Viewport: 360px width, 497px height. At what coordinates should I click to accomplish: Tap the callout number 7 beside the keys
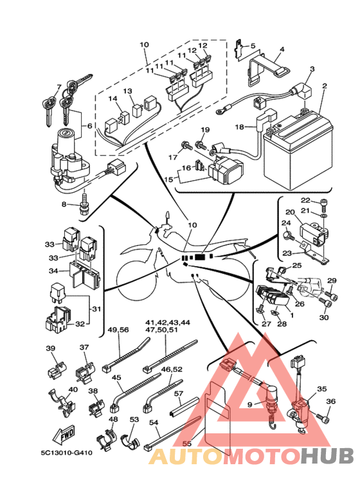[x=59, y=87]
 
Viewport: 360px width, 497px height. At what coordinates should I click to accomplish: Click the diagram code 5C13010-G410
[x=67, y=453]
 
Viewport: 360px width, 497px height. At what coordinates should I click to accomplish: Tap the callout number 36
[x=330, y=401]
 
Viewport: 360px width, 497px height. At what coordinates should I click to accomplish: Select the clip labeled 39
[x=57, y=370]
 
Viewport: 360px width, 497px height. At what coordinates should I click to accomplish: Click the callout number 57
[x=179, y=393]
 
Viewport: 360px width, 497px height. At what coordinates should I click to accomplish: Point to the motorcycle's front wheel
[x=137, y=280]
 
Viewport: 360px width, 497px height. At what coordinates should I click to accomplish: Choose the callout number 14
[x=113, y=98]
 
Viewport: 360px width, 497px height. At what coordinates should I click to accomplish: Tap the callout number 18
[x=240, y=127]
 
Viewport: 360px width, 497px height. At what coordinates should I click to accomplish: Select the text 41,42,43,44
[x=168, y=322]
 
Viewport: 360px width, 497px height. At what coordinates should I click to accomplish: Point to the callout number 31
[x=96, y=309]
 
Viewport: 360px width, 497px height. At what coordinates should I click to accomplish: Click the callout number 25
[x=296, y=265]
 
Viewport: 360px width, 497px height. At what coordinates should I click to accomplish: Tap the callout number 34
[x=53, y=271]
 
